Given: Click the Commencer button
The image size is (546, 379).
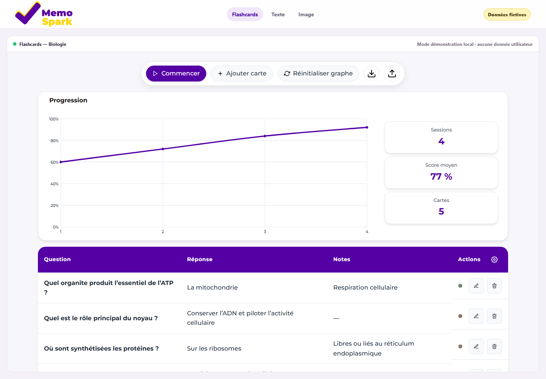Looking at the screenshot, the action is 176,73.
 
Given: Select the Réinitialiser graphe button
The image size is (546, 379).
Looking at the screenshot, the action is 318,73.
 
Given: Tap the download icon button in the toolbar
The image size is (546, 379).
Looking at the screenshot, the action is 372,73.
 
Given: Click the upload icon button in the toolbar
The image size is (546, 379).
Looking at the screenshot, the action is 392,73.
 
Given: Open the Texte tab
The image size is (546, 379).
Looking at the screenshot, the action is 278,14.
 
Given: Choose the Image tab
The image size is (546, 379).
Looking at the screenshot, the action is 306,14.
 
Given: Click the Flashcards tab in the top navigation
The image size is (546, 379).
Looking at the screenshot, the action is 245,14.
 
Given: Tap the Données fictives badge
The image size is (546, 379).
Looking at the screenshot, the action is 507,15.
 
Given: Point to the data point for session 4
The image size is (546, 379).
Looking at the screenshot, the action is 367,127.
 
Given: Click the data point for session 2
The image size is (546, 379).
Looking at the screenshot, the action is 163,149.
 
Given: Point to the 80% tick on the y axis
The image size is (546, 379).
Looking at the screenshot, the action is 54,141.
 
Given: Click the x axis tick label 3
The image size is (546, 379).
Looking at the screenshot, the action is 265,232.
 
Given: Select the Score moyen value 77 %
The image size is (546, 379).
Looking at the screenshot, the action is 441,176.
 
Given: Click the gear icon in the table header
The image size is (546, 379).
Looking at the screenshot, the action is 494,259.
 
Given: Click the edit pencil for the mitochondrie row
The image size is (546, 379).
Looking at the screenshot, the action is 476,286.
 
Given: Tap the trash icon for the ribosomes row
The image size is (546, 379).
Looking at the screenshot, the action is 494,346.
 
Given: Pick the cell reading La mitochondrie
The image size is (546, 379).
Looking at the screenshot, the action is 212,287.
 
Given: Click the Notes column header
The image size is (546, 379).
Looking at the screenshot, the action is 342,259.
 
